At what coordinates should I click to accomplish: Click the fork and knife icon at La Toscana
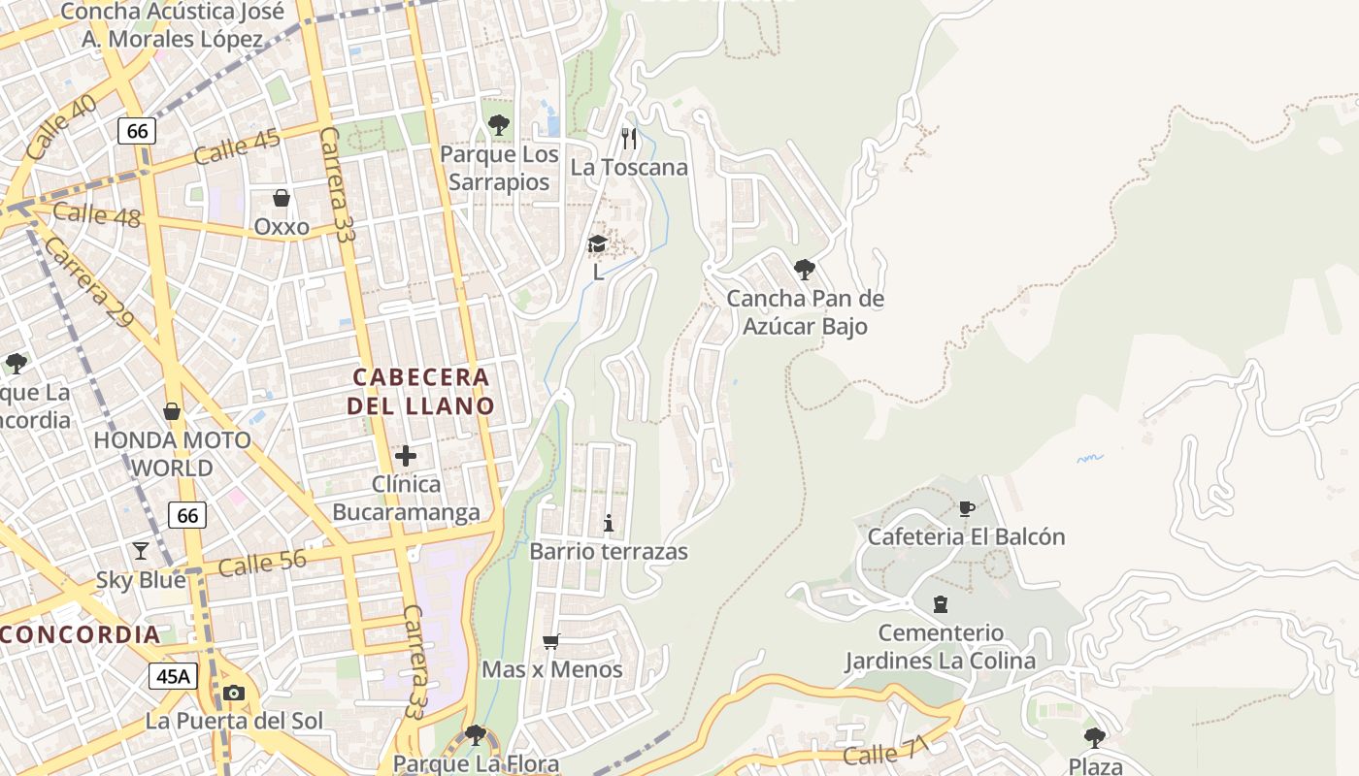click(x=629, y=139)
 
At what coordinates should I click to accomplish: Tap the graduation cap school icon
click(x=598, y=243)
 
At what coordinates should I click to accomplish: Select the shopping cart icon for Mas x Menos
click(x=551, y=641)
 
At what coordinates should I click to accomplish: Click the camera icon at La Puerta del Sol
click(x=234, y=693)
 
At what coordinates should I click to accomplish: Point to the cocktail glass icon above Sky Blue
click(x=141, y=551)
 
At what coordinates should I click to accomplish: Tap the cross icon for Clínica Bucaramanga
click(x=406, y=456)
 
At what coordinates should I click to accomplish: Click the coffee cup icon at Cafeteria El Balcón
click(x=966, y=508)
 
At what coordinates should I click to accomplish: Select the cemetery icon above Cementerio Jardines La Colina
click(x=940, y=604)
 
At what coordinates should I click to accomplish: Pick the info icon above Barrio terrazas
click(x=609, y=524)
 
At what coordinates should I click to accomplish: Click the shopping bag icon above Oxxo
click(x=282, y=199)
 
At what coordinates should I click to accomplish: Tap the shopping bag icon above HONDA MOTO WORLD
click(x=172, y=411)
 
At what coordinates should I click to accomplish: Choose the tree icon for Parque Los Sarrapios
click(x=499, y=125)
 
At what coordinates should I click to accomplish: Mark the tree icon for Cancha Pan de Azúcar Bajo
click(x=805, y=270)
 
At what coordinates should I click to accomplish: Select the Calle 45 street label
click(x=237, y=146)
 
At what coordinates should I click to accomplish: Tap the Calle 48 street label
click(x=97, y=214)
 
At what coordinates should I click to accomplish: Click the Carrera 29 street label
click(x=87, y=281)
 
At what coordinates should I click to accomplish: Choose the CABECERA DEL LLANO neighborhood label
click(x=421, y=391)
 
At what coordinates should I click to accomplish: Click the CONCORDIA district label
click(x=80, y=635)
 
